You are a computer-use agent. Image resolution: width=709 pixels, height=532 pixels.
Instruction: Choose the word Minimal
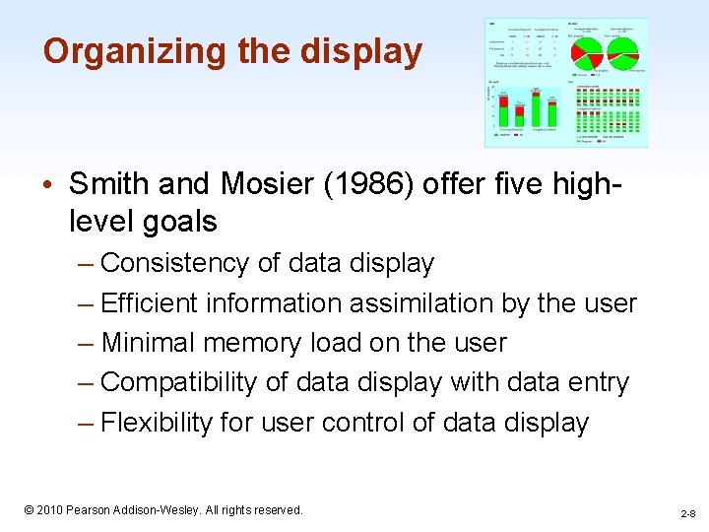click(147, 343)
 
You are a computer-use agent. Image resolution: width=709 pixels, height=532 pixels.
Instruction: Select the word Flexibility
click(157, 423)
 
